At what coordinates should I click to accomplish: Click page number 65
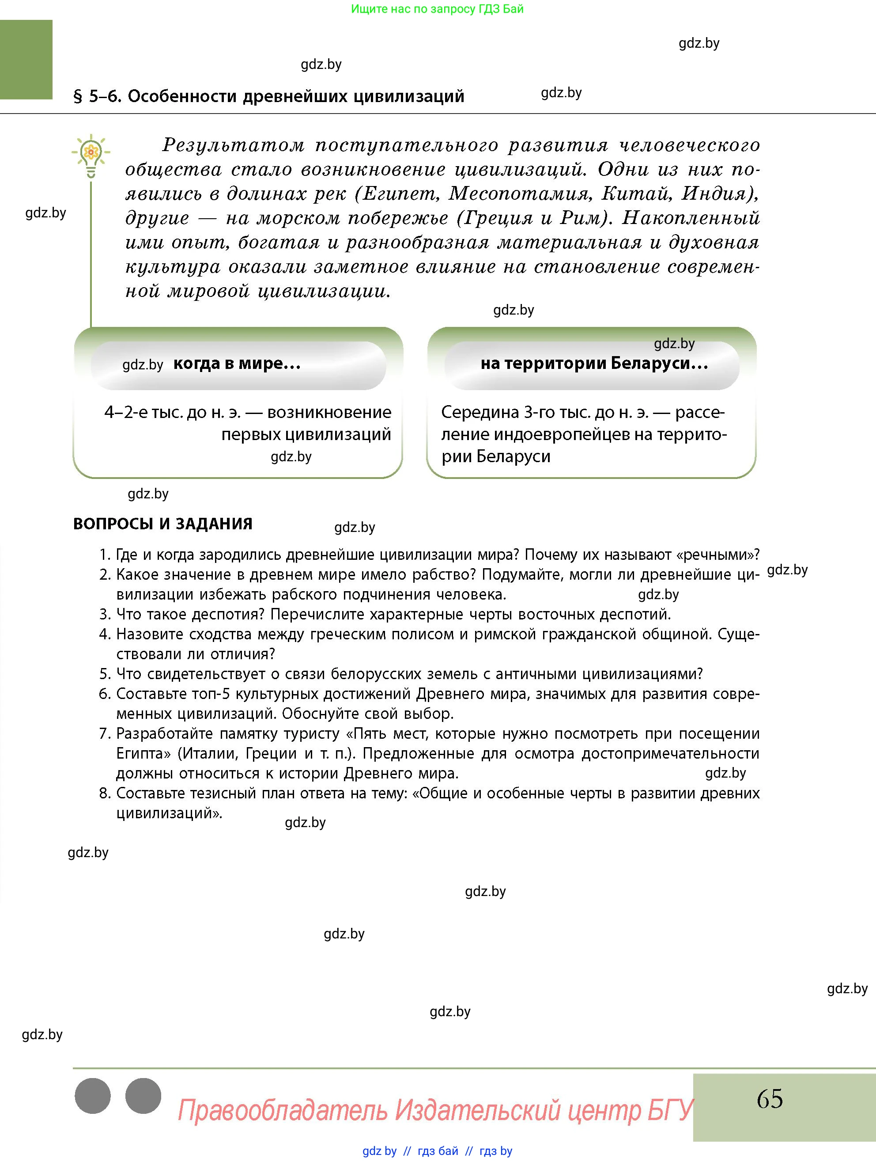click(770, 1098)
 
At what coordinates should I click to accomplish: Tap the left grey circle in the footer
click(93, 1096)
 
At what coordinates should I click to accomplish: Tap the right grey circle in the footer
click(143, 1096)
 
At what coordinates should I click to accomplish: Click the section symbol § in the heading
click(78, 97)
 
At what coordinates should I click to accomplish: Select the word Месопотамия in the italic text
click(520, 194)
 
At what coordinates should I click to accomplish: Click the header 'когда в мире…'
click(237, 364)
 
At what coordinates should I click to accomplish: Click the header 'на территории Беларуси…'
click(594, 364)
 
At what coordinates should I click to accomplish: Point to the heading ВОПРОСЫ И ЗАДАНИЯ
click(163, 524)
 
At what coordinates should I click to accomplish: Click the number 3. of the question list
click(105, 614)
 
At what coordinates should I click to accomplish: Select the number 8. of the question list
click(105, 793)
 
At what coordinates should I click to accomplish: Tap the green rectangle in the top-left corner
click(26, 59)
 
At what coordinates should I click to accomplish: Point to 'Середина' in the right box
click(480, 412)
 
